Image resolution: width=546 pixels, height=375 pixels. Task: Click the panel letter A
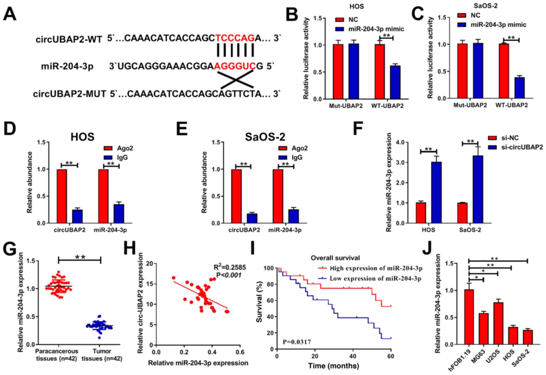click(x=10, y=14)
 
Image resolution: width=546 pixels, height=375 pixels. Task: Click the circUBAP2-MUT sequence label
click(x=69, y=94)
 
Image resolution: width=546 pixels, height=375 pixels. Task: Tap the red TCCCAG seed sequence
click(x=235, y=38)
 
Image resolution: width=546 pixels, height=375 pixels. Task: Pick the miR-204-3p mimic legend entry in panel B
click(x=370, y=29)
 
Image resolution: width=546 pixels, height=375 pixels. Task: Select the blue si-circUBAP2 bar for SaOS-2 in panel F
click(x=478, y=189)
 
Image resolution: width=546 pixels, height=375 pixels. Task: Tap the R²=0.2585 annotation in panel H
click(x=230, y=267)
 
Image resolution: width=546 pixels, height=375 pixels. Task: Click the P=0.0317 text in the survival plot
click(x=297, y=342)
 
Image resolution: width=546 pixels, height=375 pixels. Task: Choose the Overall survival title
click(x=335, y=258)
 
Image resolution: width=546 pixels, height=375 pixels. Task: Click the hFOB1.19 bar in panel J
click(x=469, y=317)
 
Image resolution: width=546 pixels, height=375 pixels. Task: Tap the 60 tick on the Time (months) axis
click(x=391, y=356)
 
